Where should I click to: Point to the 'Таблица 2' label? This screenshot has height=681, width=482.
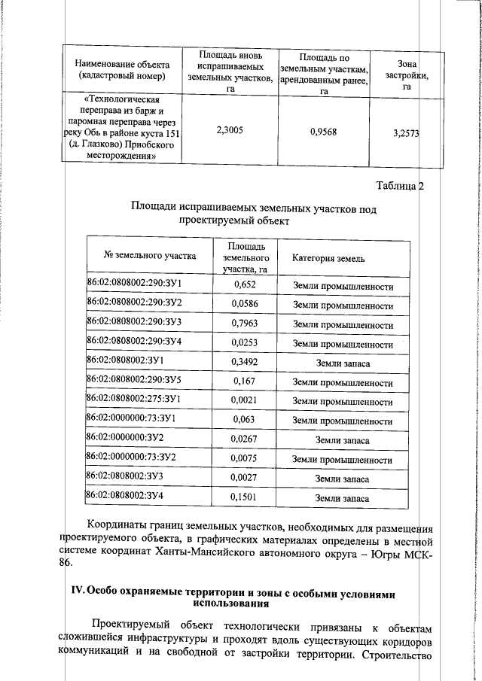click(x=400, y=187)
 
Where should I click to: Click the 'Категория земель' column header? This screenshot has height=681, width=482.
click(x=328, y=258)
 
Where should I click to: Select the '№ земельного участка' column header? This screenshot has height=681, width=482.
click(x=150, y=256)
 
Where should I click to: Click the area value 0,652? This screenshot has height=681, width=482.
click(x=245, y=284)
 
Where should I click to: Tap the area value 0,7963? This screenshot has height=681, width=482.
click(x=245, y=324)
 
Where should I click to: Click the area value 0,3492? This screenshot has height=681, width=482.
click(x=245, y=363)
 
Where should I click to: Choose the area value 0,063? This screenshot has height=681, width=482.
click(x=245, y=421)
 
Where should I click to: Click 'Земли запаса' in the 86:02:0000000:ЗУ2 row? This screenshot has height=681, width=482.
click(x=342, y=440)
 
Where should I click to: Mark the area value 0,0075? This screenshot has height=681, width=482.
click(x=245, y=459)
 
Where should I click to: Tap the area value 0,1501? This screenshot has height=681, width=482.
click(x=245, y=497)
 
